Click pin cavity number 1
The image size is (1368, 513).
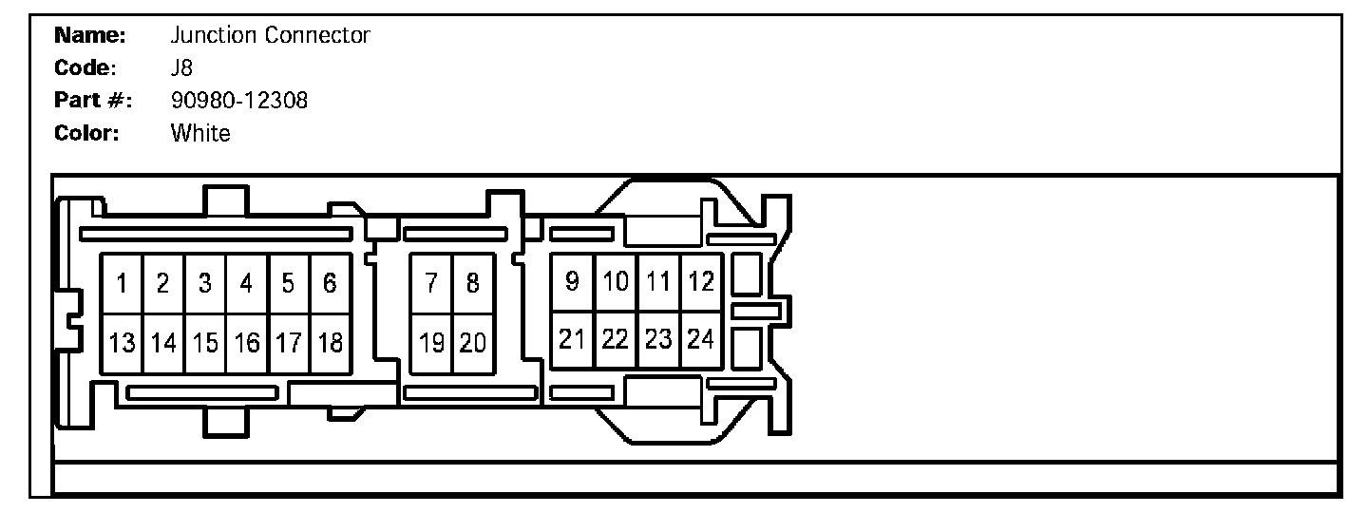[x=123, y=283]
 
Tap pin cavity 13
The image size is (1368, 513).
[x=123, y=343]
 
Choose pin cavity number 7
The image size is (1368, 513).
[x=430, y=283]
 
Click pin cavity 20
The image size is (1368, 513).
[x=472, y=343]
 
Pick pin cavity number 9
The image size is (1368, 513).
[x=572, y=281]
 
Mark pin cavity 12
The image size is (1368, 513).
[x=701, y=281]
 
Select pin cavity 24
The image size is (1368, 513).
[x=701, y=339]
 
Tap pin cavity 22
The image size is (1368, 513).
[x=616, y=339]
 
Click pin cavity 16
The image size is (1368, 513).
[x=247, y=343]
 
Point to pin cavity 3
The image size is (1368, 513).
[x=205, y=283]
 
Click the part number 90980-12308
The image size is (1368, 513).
[x=239, y=101]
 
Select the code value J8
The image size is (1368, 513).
[x=182, y=68]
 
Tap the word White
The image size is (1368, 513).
[x=200, y=133]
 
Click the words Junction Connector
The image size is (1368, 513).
[x=270, y=36]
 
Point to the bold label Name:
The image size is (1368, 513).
[x=90, y=36]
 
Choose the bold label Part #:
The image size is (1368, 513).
[x=92, y=101]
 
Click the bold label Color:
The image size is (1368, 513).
[x=85, y=133]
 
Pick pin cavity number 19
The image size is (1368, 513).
[x=430, y=343]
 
